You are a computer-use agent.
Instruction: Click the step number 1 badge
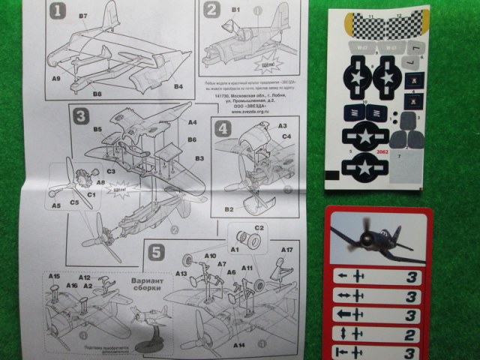59,12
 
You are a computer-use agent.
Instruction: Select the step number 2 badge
211,10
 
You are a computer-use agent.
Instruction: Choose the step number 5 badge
154,251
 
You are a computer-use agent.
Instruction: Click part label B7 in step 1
82,16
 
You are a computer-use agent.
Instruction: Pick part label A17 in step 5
286,250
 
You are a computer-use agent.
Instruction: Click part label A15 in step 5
54,276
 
